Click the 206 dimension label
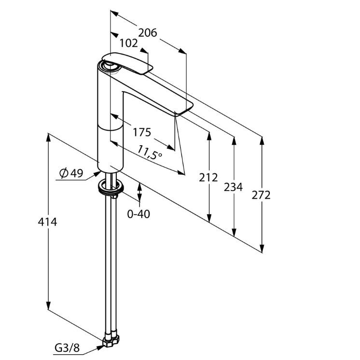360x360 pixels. coord(147,33)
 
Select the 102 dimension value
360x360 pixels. coord(129,43)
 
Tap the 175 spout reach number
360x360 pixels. coord(142,132)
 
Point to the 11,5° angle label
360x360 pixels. coord(150,152)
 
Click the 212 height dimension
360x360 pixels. coord(208,178)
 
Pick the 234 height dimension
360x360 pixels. coord(233,187)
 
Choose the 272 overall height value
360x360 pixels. coord(261,195)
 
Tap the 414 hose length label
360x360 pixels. coord(47,222)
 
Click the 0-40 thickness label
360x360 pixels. coord(138,214)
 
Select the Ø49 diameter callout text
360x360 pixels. coord(71,173)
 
